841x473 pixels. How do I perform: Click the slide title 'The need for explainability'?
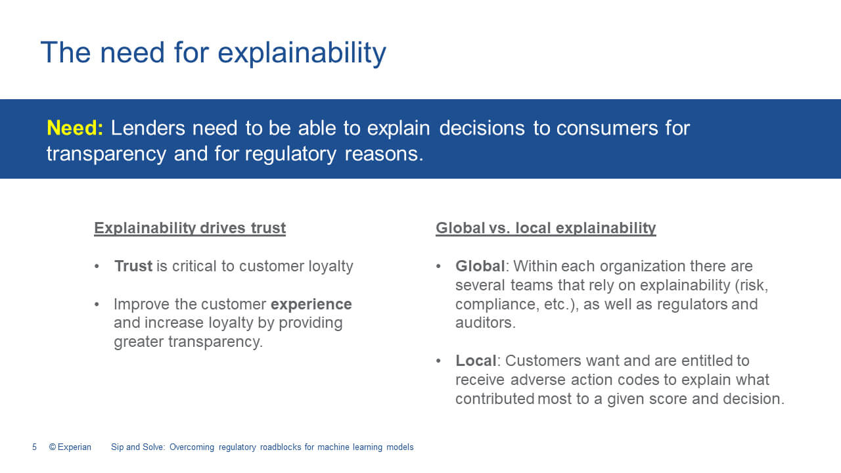pos(214,53)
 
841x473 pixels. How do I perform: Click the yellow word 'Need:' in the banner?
pos(75,128)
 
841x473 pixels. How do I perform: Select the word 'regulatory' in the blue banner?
pos(290,154)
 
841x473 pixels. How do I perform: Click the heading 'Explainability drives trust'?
pos(190,228)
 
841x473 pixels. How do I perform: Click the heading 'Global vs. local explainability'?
pos(546,228)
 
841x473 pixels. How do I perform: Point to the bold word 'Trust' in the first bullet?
pos(133,266)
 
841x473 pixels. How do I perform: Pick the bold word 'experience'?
pos(311,304)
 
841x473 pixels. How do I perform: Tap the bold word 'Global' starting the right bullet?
pos(480,266)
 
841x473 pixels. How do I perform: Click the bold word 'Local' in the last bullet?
pos(476,361)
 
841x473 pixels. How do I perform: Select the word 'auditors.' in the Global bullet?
pos(486,323)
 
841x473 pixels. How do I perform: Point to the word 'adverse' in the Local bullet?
pos(538,380)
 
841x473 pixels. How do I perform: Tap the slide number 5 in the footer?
pos(35,447)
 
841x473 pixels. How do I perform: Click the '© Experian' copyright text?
pos(70,447)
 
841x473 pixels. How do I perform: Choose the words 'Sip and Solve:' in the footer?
pos(138,447)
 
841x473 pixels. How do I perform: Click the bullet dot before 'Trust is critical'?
pos(97,266)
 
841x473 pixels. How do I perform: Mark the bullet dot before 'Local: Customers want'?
pos(438,361)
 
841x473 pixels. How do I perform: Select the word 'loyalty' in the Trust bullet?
pos(330,267)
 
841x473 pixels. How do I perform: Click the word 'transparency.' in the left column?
pos(216,342)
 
